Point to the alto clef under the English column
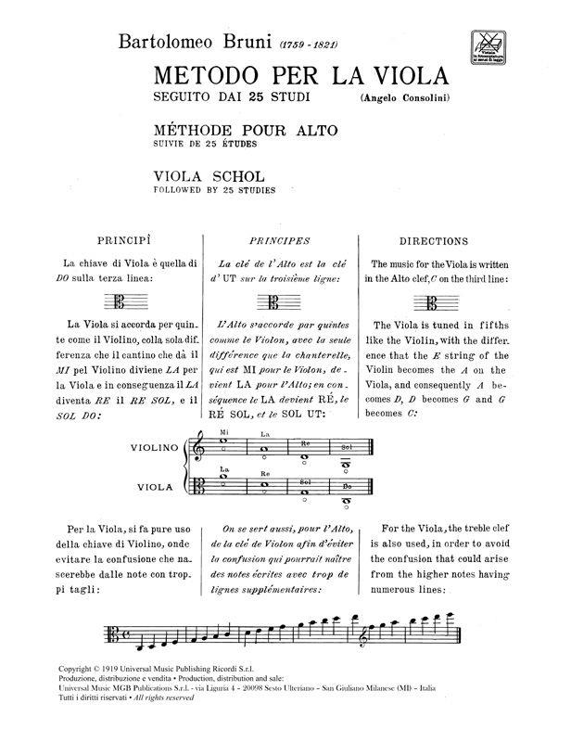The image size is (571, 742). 427,301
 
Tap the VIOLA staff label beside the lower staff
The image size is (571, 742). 156,485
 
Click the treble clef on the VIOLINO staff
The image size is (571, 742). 198,448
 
